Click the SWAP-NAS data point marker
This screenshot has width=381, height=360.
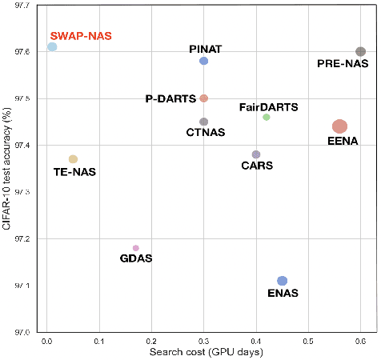(52, 47)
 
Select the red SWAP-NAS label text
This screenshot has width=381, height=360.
(82, 35)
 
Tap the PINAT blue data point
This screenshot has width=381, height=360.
(204, 61)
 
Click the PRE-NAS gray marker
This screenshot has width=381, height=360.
(360, 51)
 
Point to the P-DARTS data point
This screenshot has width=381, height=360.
(204, 98)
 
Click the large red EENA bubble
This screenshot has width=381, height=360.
(339, 126)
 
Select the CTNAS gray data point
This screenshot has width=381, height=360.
(204, 122)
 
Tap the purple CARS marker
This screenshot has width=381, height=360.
(256, 154)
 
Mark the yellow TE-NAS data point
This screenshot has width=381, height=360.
(73, 159)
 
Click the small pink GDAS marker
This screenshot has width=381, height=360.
(135, 248)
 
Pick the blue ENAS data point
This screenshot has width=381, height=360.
(282, 281)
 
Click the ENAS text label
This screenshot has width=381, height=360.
(282, 294)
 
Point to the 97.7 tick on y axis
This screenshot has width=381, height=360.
(25, 6)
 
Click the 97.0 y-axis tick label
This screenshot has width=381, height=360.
(25, 332)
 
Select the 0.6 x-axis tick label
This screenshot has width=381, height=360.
(360, 341)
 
